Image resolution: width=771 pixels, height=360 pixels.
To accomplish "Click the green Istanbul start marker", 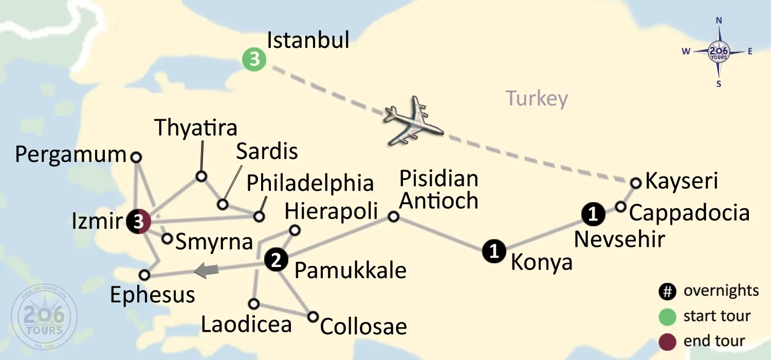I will click(x=254, y=60).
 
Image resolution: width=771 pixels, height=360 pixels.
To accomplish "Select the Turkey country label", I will click(x=537, y=98).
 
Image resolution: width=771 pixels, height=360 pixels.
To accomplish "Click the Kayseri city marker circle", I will click(x=636, y=183).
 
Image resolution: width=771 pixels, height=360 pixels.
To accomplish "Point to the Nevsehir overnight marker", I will click(x=593, y=214).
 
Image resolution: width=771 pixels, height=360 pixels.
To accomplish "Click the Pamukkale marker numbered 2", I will click(x=276, y=260).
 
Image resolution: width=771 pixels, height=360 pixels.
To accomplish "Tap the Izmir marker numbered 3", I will click(x=138, y=222).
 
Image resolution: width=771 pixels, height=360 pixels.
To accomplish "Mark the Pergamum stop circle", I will click(x=136, y=157).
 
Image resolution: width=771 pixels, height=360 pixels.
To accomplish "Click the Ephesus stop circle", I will click(x=144, y=275).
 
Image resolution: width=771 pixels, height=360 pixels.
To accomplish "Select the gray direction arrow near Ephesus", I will click(x=207, y=270).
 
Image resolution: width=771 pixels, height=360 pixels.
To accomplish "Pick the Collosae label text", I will click(x=363, y=327).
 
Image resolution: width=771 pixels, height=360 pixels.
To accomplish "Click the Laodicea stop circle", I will click(x=253, y=303).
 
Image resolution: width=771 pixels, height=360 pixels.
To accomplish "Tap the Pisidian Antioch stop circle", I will click(x=393, y=217).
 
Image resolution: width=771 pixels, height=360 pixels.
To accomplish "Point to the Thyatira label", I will click(x=196, y=128).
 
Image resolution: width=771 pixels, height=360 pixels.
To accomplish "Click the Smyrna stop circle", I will click(x=167, y=239).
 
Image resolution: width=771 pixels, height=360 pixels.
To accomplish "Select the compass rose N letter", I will click(x=719, y=35).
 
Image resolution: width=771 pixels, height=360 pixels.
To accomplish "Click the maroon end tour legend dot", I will click(x=667, y=341).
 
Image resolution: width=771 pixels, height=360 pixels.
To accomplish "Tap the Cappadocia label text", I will click(x=689, y=213).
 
